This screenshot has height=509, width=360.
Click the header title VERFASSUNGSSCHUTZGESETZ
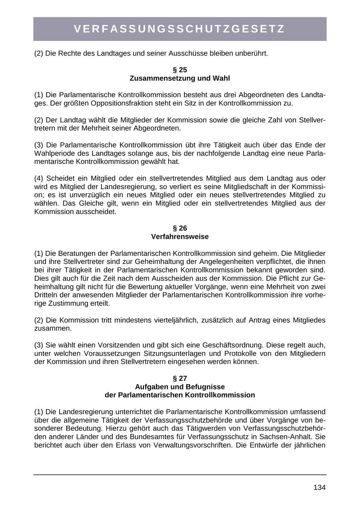click(x=180, y=29)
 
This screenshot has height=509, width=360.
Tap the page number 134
click(x=319, y=487)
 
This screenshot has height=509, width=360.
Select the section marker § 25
click(x=180, y=70)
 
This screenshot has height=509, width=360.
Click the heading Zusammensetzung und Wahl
click(x=180, y=78)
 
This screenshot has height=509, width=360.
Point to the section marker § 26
click(x=180, y=228)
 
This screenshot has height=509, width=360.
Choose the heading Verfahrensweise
click(x=180, y=237)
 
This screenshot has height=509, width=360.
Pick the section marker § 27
click(x=180, y=378)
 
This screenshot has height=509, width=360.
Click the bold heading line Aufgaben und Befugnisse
click(x=180, y=387)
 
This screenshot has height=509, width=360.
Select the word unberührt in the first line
click(x=249, y=53)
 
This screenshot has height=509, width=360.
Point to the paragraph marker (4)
click(x=40, y=178)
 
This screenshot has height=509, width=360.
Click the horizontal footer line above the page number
click(x=180, y=475)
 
